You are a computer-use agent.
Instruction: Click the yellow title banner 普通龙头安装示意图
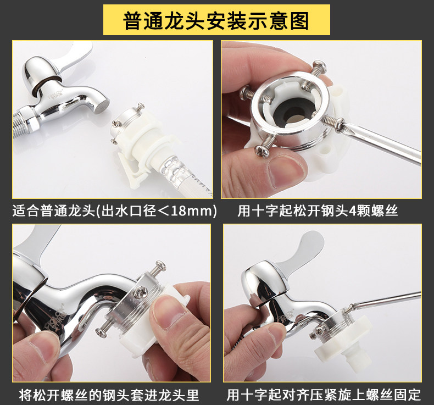point(216,20)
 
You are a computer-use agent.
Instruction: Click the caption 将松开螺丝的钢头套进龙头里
point(109,395)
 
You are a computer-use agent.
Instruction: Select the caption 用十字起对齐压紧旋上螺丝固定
point(324,395)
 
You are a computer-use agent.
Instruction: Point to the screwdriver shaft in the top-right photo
point(382,143)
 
